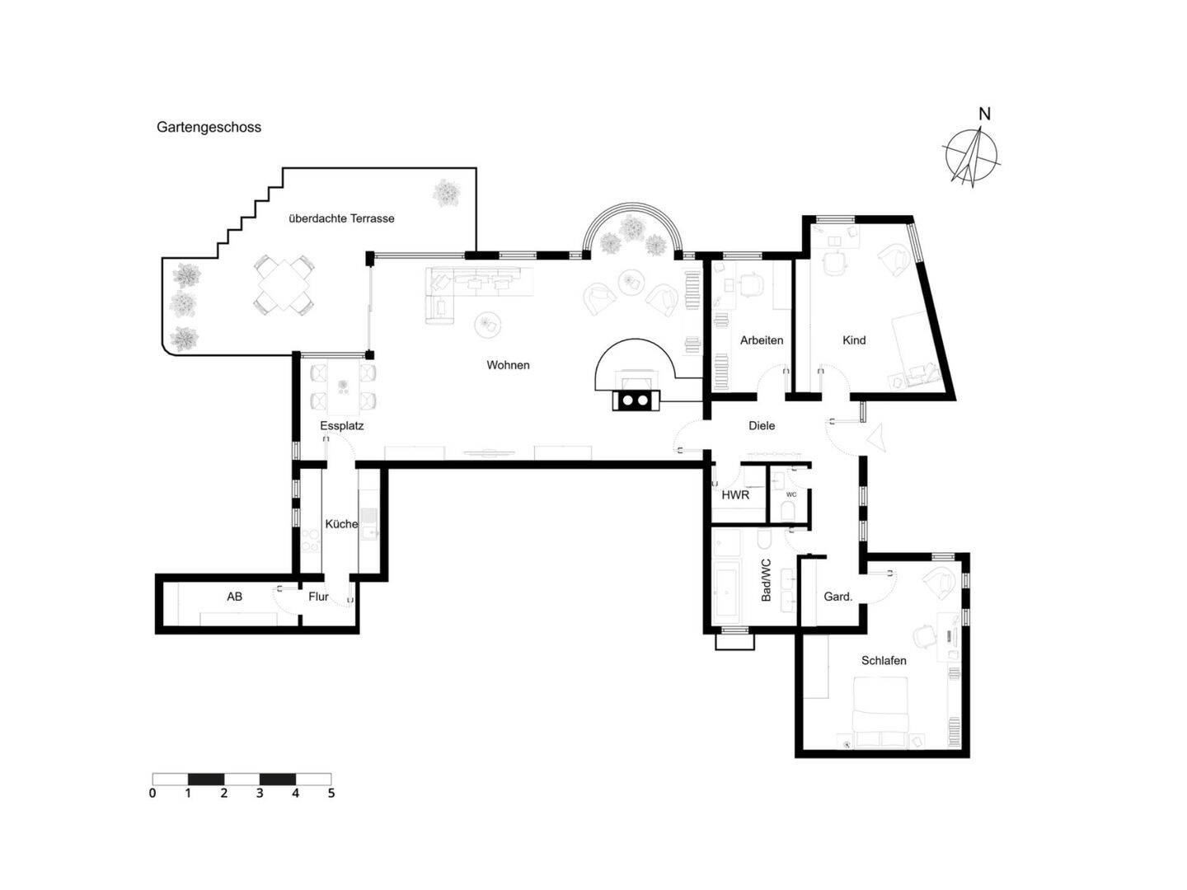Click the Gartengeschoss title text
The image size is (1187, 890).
pyautogui.click(x=209, y=127)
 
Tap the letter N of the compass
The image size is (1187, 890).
pyautogui.click(x=983, y=114)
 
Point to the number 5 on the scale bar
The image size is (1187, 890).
pyautogui.click(x=331, y=794)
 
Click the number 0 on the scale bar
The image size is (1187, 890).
pyautogui.click(x=152, y=794)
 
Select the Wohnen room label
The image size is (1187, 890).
pyautogui.click(x=508, y=365)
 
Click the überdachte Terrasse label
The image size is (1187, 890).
pyautogui.click(x=341, y=218)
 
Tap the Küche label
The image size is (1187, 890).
pyautogui.click(x=341, y=524)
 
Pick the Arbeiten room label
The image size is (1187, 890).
pyautogui.click(x=762, y=340)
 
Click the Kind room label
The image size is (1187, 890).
pyautogui.click(x=854, y=340)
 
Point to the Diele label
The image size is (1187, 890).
pyautogui.click(x=762, y=426)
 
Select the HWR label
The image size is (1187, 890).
pyautogui.click(x=735, y=495)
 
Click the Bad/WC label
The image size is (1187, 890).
pyautogui.click(x=766, y=579)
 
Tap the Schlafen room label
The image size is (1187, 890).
pyautogui.click(x=884, y=661)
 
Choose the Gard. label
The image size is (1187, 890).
pyautogui.click(x=837, y=597)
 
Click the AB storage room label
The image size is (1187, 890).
pyautogui.click(x=235, y=597)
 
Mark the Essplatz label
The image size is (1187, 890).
pyautogui.click(x=342, y=426)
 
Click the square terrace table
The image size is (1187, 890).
pyautogui.click(x=283, y=284)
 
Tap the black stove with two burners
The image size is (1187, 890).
pyautogui.click(x=635, y=400)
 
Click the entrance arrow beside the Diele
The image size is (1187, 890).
pyautogui.click(x=877, y=437)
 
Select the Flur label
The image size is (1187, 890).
pyautogui.click(x=318, y=597)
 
